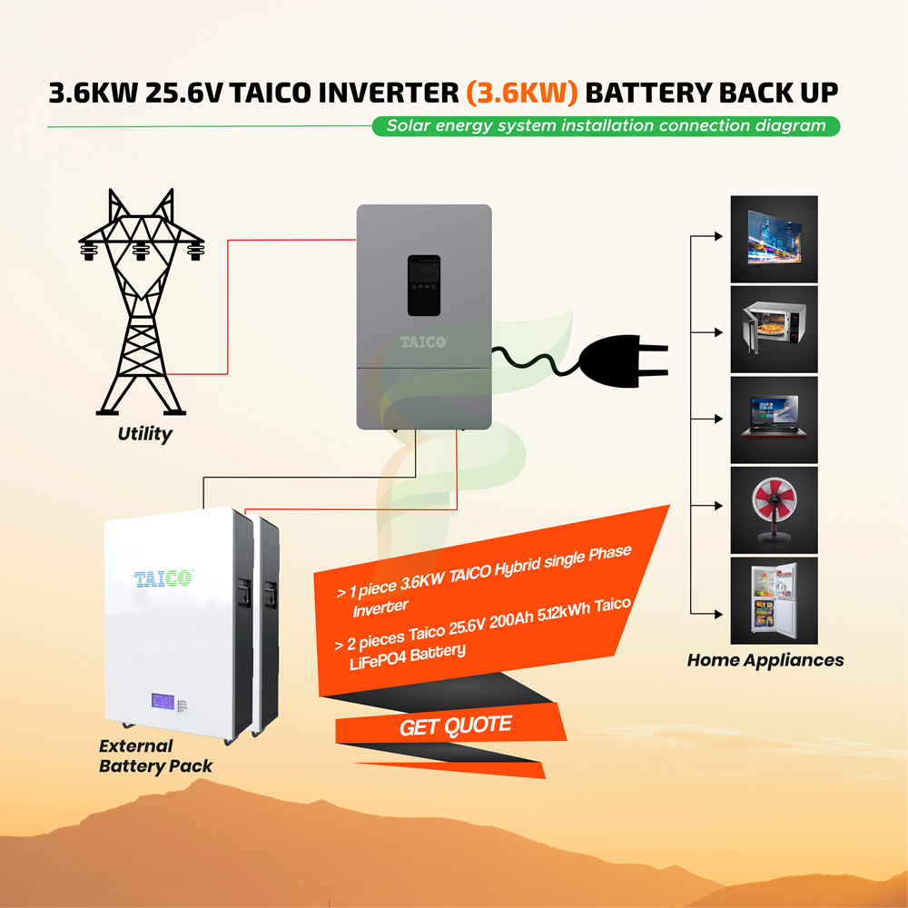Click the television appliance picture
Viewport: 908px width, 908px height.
tap(774, 239)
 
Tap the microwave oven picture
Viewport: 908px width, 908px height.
tap(774, 329)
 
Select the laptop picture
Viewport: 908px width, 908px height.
tap(774, 419)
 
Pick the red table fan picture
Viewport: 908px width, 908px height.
tap(774, 509)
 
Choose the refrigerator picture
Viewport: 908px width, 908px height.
tap(774, 600)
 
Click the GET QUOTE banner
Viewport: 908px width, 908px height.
tap(455, 726)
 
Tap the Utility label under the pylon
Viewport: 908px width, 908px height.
tap(144, 434)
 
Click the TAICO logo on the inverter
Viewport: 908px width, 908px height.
tap(424, 341)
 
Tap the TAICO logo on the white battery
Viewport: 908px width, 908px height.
tap(163, 578)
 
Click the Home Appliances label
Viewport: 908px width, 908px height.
tap(765, 660)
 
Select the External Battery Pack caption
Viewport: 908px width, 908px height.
tap(155, 756)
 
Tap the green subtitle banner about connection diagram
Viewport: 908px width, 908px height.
tap(606, 126)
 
